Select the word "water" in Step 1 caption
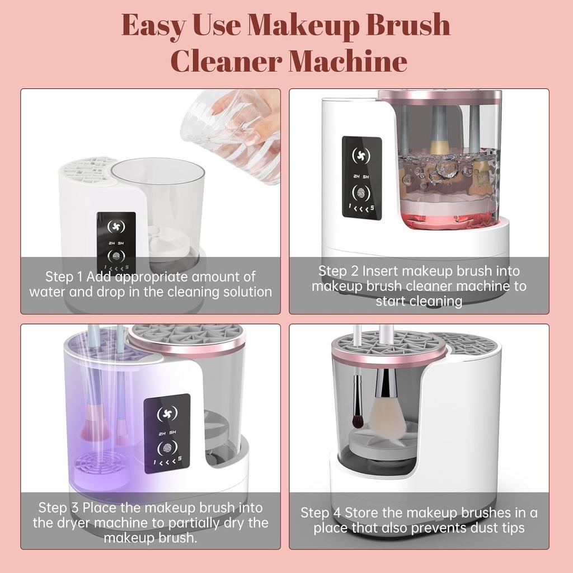point(46,292)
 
